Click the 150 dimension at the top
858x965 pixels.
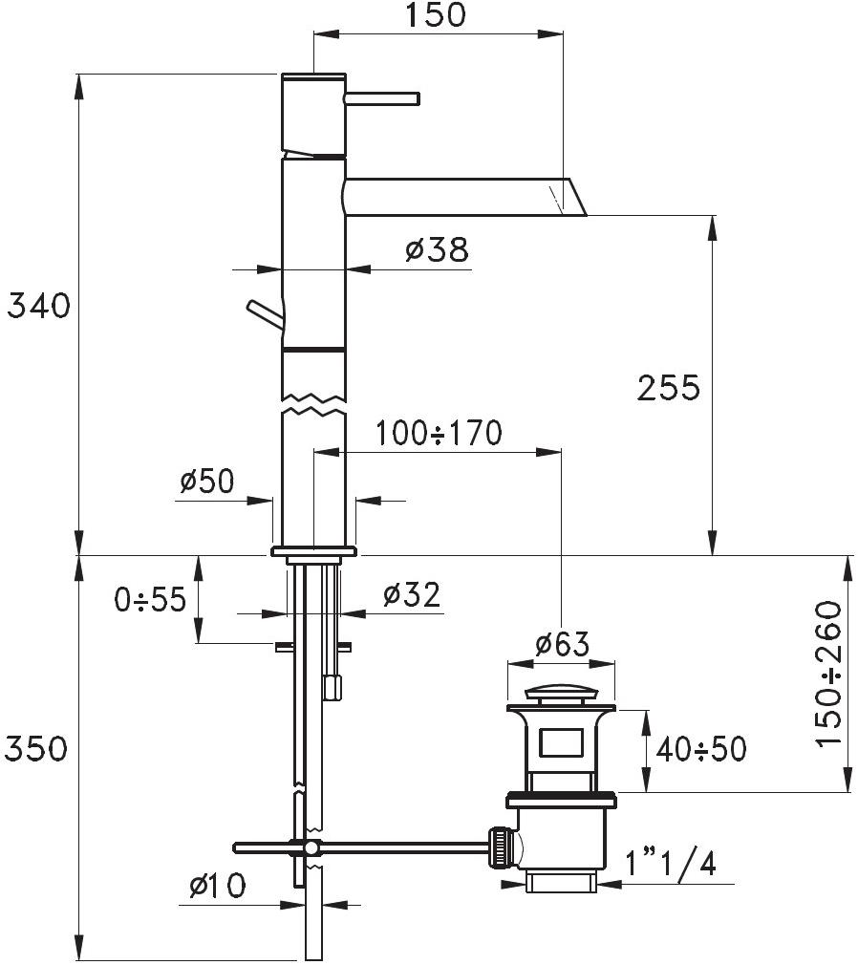(435, 14)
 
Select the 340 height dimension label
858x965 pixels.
(39, 306)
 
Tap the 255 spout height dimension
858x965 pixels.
(669, 388)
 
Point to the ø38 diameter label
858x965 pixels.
(438, 250)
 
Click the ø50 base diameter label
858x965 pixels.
(206, 482)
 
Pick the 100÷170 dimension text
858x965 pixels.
(439, 433)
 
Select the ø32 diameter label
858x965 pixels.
(412, 595)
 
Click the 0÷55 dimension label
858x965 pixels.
(150, 599)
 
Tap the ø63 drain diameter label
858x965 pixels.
(562, 644)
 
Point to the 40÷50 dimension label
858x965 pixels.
(701, 749)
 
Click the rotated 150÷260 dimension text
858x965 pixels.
(828, 674)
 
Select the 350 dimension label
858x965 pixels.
(35, 749)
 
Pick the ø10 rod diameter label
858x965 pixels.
(217, 886)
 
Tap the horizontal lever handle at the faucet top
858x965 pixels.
(382, 98)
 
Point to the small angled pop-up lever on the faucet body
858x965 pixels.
(265, 314)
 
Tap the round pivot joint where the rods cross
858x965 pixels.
(311, 848)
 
